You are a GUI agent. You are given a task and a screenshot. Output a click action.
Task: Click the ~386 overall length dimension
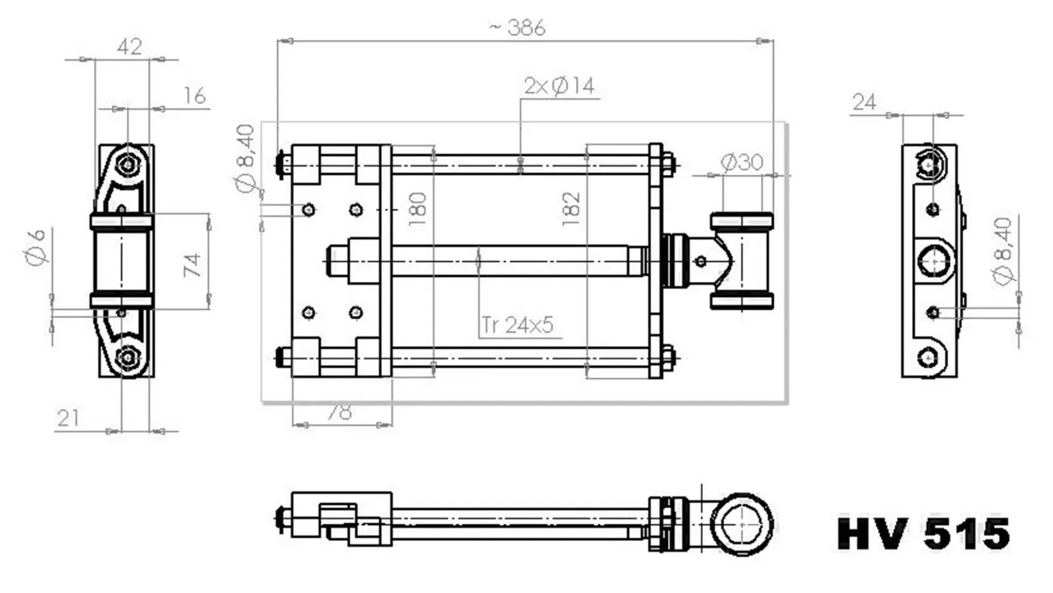(517, 27)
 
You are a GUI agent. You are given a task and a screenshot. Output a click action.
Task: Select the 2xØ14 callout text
(559, 86)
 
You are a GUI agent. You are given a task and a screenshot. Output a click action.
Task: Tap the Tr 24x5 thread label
(517, 325)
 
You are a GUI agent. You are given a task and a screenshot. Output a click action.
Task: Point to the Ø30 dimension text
(741, 162)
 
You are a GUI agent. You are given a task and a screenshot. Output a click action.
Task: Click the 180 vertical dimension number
(417, 209)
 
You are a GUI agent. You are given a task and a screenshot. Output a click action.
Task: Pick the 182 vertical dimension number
(571, 209)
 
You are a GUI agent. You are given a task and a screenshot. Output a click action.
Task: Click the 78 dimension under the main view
(340, 412)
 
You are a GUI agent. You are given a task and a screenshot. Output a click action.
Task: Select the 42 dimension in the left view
(129, 47)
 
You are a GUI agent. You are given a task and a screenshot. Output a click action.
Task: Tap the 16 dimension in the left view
(194, 96)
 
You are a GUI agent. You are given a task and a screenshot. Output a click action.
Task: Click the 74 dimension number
(192, 265)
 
